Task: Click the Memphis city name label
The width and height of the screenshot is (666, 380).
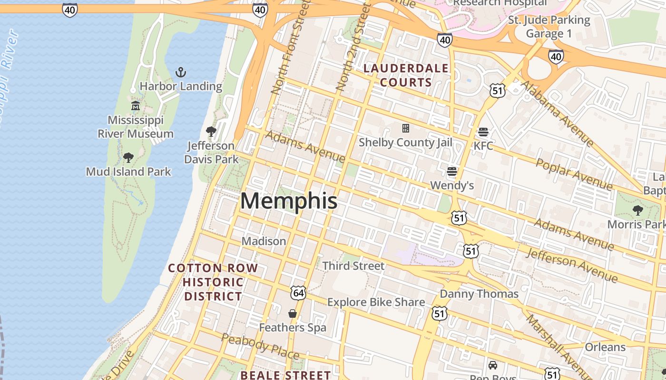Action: point(289,201)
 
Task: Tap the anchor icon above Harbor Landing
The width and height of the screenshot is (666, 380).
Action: point(180,72)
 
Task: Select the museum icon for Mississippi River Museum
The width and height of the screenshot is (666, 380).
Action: point(136,105)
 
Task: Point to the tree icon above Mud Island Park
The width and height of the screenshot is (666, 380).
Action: point(128,157)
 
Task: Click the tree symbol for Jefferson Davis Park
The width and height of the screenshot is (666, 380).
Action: point(211,131)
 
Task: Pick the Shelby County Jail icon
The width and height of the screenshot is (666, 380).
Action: point(406,128)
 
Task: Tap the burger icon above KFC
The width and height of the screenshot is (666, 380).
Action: point(483,132)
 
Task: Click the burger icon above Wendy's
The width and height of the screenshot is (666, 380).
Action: point(452,171)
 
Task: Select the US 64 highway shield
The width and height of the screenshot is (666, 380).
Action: point(298,293)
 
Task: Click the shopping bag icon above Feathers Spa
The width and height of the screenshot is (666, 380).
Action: point(293,313)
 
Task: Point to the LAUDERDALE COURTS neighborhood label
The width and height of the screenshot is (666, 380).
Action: point(406,75)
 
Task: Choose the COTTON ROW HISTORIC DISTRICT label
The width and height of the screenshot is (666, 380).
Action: point(213,282)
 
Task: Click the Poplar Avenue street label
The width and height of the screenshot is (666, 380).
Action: point(574,174)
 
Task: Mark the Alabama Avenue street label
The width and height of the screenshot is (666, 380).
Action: point(557,113)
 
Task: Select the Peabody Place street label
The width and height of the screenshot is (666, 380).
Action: point(260,347)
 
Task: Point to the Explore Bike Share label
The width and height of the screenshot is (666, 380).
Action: point(376,302)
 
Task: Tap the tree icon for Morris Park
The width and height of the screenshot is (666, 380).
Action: point(638,210)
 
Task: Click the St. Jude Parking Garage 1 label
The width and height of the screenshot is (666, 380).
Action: point(549,27)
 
